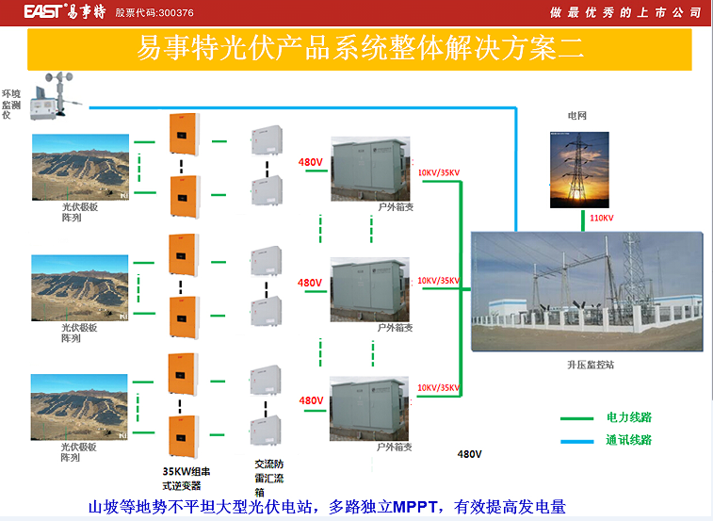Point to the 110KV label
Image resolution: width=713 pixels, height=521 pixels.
pyautogui.click(x=601, y=219)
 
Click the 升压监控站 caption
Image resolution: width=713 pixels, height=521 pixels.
pyautogui.click(x=590, y=365)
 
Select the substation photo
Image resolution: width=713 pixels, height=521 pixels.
pyautogui.click(x=587, y=291)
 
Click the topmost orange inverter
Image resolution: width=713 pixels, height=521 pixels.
pyautogui.click(x=183, y=133)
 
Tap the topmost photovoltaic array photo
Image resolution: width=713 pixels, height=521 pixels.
pyautogui.click(x=80, y=168)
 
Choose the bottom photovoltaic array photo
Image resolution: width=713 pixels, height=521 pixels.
pyautogui.click(x=80, y=407)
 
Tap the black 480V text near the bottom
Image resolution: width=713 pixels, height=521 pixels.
pyautogui.click(x=469, y=454)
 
